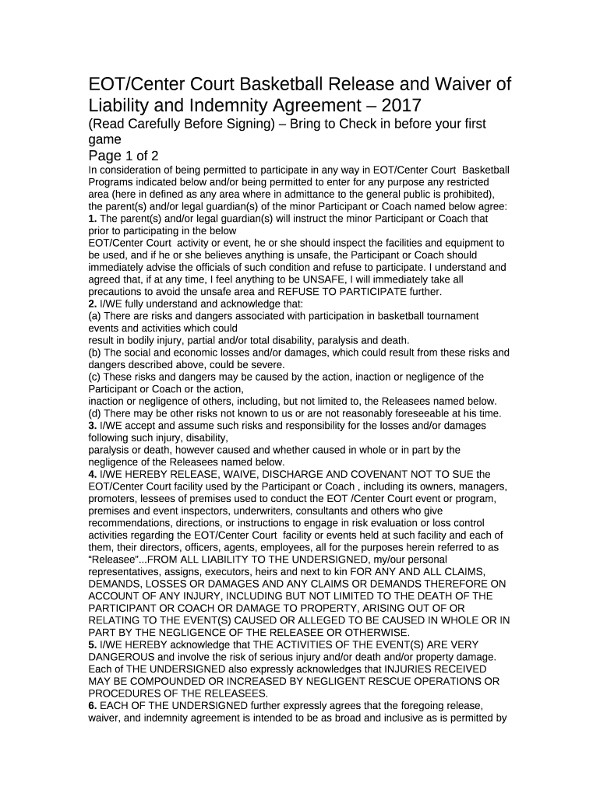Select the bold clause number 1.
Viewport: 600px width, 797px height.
tap(92, 219)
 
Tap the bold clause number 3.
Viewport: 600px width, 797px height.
tap(92, 426)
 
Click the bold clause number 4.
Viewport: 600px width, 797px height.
tap(92, 474)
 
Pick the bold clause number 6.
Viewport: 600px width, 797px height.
tap(92, 706)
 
